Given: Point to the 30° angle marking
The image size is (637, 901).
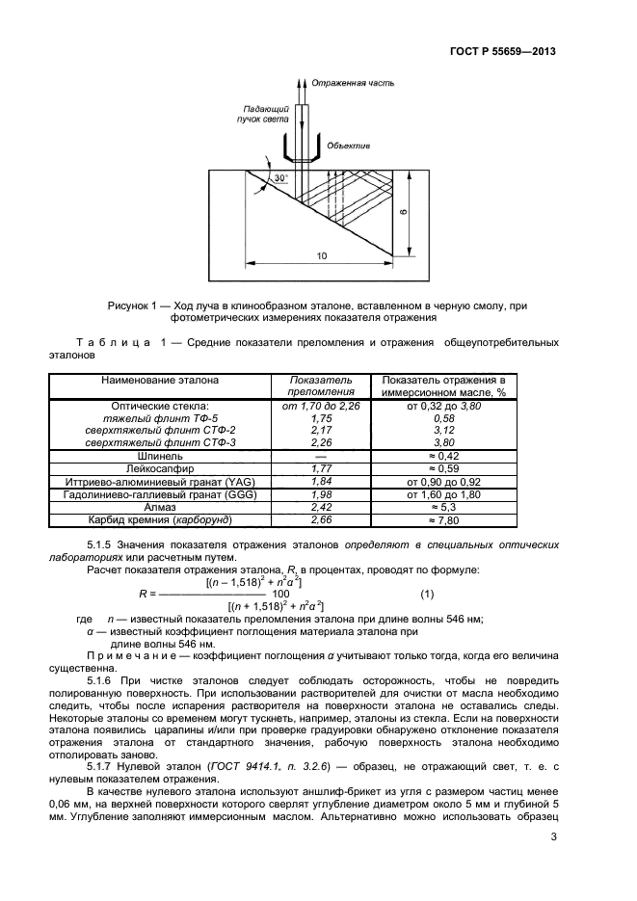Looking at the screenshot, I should pos(280,179).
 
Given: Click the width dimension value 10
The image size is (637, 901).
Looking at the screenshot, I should pos(321,255).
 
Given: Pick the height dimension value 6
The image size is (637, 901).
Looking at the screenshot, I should pos(406,213).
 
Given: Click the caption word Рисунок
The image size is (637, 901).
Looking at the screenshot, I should pos(132,305).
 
